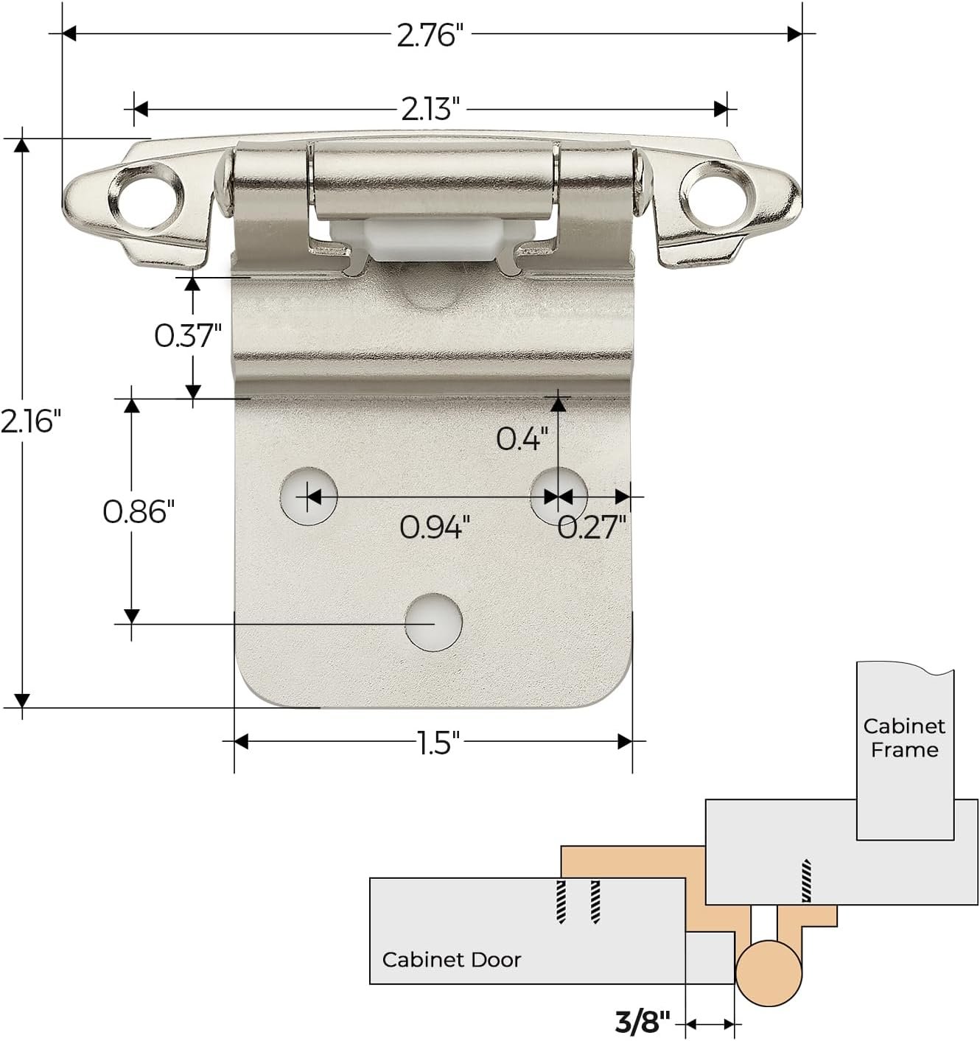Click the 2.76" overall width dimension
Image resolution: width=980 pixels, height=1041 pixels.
pyautogui.click(x=430, y=35)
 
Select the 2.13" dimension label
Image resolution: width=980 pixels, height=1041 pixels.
pyautogui.click(x=430, y=110)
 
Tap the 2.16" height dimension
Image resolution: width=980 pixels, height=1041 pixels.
pyautogui.click(x=30, y=421)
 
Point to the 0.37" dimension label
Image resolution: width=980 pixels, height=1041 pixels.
pyautogui.click(x=188, y=335)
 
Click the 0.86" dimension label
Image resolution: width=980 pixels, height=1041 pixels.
pyautogui.click(x=139, y=511)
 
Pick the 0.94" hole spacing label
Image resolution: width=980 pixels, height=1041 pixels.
pyautogui.click(x=435, y=527)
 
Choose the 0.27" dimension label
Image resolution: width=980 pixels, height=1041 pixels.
pyautogui.click(x=592, y=527)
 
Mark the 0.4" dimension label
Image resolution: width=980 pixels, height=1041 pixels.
pyautogui.click(x=522, y=439)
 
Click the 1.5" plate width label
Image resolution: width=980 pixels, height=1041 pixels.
pyautogui.click(x=438, y=743)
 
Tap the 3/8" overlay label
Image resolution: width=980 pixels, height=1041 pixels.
pyautogui.click(x=643, y=1022)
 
